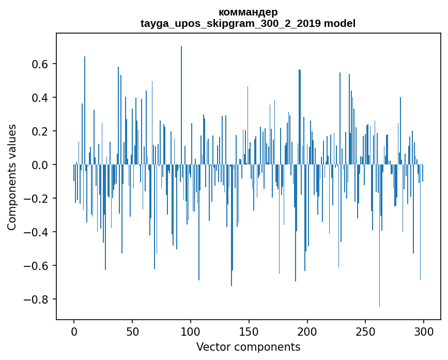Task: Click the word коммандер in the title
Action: pos(248,12)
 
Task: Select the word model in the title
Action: pos(340,23)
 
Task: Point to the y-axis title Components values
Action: pos(12,177)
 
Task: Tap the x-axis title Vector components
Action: pos(248,347)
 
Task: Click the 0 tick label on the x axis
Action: pos(74,331)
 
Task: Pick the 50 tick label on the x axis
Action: pos(132,331)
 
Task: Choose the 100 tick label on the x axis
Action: pos(191,331)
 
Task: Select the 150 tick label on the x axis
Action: pos(249,331)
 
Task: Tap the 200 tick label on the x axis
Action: pos(307,331)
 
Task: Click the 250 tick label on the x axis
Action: pos(366,331)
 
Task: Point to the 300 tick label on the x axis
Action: pos(424,331)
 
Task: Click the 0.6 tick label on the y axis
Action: pos(41,64)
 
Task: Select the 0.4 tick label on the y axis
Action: pos(41,98)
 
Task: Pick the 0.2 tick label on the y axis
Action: pos(41,131)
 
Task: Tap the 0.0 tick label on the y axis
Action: pos(41,165)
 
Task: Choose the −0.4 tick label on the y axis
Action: pos(38,232)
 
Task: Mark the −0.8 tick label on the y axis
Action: pos(38,299)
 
